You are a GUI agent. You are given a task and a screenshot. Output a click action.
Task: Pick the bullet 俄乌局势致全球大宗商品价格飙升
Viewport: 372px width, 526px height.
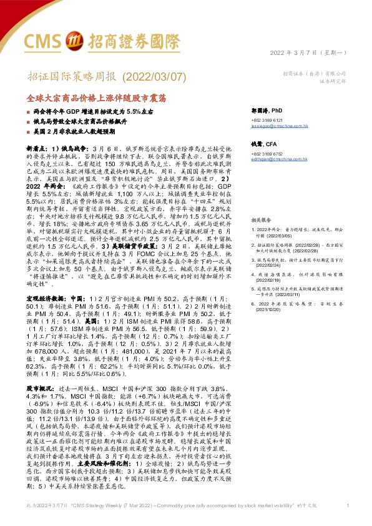click(77, 121)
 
